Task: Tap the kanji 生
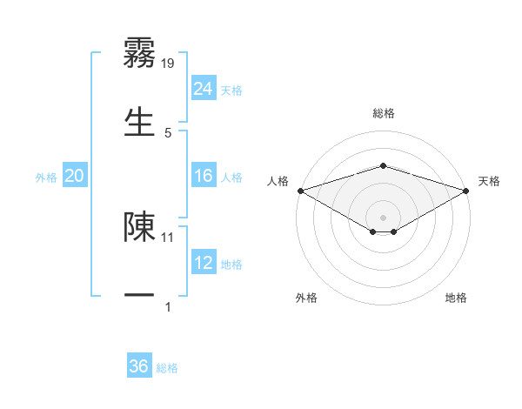click(139, 119)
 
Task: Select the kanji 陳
click(139, 225)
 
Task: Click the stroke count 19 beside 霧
click(169, 63)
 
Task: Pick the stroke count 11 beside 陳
click(168, 237)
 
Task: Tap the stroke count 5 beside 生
click(168, 132)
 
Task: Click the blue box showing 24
click(204, 90)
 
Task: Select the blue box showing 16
click(204, 177)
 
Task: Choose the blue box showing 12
click(204, 264)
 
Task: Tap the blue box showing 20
click(75, 177)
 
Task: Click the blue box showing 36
click(139, 366)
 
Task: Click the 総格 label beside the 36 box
click(167, 368)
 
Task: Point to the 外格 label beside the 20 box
click(46, 178)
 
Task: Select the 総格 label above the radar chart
click(383, 113)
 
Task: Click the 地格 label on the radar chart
click(456, 298)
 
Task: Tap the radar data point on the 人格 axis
click(299, 191)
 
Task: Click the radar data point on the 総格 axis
click(383, 165)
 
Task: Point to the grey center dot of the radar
click(383, 217)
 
